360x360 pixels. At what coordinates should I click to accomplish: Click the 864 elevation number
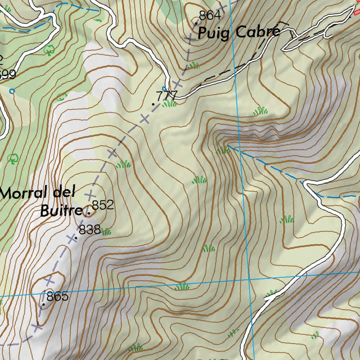pos(210,15)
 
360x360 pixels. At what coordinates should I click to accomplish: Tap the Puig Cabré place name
pos(239,33)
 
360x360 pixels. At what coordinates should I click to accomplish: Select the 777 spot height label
pos(167,96)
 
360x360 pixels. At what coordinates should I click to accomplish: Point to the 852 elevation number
pos(103,205)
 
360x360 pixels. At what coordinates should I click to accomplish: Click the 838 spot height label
pos(90,230)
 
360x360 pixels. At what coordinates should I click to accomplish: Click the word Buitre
pos(61,212)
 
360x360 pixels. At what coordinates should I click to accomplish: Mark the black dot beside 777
pos(153,104)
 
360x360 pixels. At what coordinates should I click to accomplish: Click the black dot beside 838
pos(76,238)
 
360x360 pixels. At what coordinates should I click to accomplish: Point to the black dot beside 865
pos(43,304)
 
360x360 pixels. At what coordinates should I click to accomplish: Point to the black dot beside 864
pos(196,23)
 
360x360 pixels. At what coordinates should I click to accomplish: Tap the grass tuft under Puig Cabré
pos(193,65)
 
